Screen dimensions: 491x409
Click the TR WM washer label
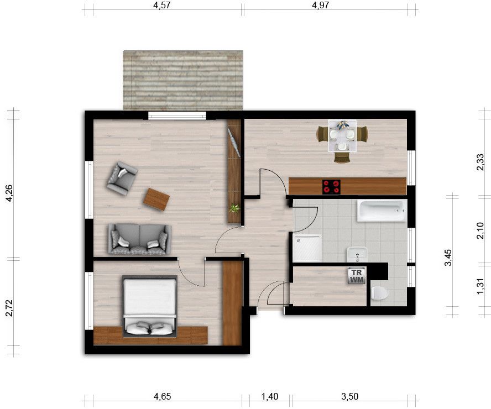pyautogui.click(x=357, y=276)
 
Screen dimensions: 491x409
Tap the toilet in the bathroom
pyautogui.click(x=379, y=293)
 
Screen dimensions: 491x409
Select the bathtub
pyautogui.click(x=382, y=211)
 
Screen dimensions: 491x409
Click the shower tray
pyautogui.click(x=307, y=248)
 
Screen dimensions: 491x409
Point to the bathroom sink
pyautogui.click(x=357, y=254)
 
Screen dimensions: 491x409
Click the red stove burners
pyautogui.click(x=331, y=186)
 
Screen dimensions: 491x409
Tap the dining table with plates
pyautogui.click(x=342, y=135)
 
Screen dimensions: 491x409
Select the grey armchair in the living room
pyautogui.click(x=122, y=179)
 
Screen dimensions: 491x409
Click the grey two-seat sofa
pyautogui.click(x=140, y=239)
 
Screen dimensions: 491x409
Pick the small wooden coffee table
pyautogui.click(x=156, y=200)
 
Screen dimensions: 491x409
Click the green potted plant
pyautogui.click(x=234, y=208)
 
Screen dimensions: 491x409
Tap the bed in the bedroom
pyautogui.click(x=150, y=306)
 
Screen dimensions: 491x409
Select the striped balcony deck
pyautogui.click(x=183, y=81)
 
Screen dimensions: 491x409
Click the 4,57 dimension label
pyautogui.click(x=162, y=6)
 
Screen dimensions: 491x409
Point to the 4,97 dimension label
pyautogui.click(x=321, y=6)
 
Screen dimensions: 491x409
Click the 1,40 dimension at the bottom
pyautogui.click(x=270, y=396)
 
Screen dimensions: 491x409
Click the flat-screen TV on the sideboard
pyautogui.click(x=234, y=143)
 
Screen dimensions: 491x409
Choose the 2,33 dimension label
pyautogui.click(x=480, y=162)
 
